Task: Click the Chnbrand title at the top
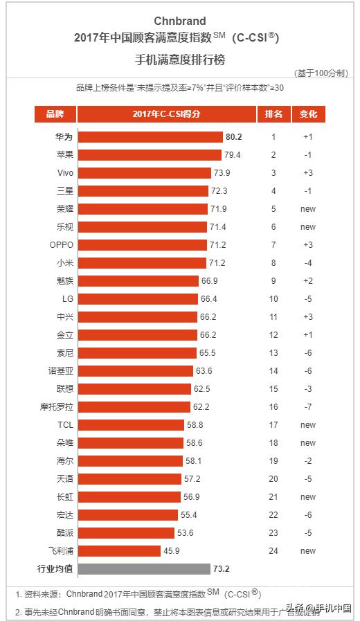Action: (x=179, y=21)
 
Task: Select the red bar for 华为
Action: (x=150, y=137)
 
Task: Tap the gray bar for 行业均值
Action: (x=143, y=569)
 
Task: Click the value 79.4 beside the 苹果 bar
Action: (x=232, y=155)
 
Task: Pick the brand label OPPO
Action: (x=61, y=245)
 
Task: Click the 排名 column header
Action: (x=273, y=114)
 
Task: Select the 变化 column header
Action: (x=308, y=114)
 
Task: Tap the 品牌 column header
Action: (x=55, y=114)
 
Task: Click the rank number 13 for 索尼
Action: (x=273, y=353)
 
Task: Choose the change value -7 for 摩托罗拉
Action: (x=308, y=407)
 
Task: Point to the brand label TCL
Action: (x=65, y=425)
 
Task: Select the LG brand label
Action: (x=67, y=299)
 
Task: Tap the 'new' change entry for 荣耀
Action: (x=308, y=209)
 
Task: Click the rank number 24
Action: (x=273, y=551)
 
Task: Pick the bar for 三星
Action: (x=143, y=191)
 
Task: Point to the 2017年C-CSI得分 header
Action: (x=166, y=114)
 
